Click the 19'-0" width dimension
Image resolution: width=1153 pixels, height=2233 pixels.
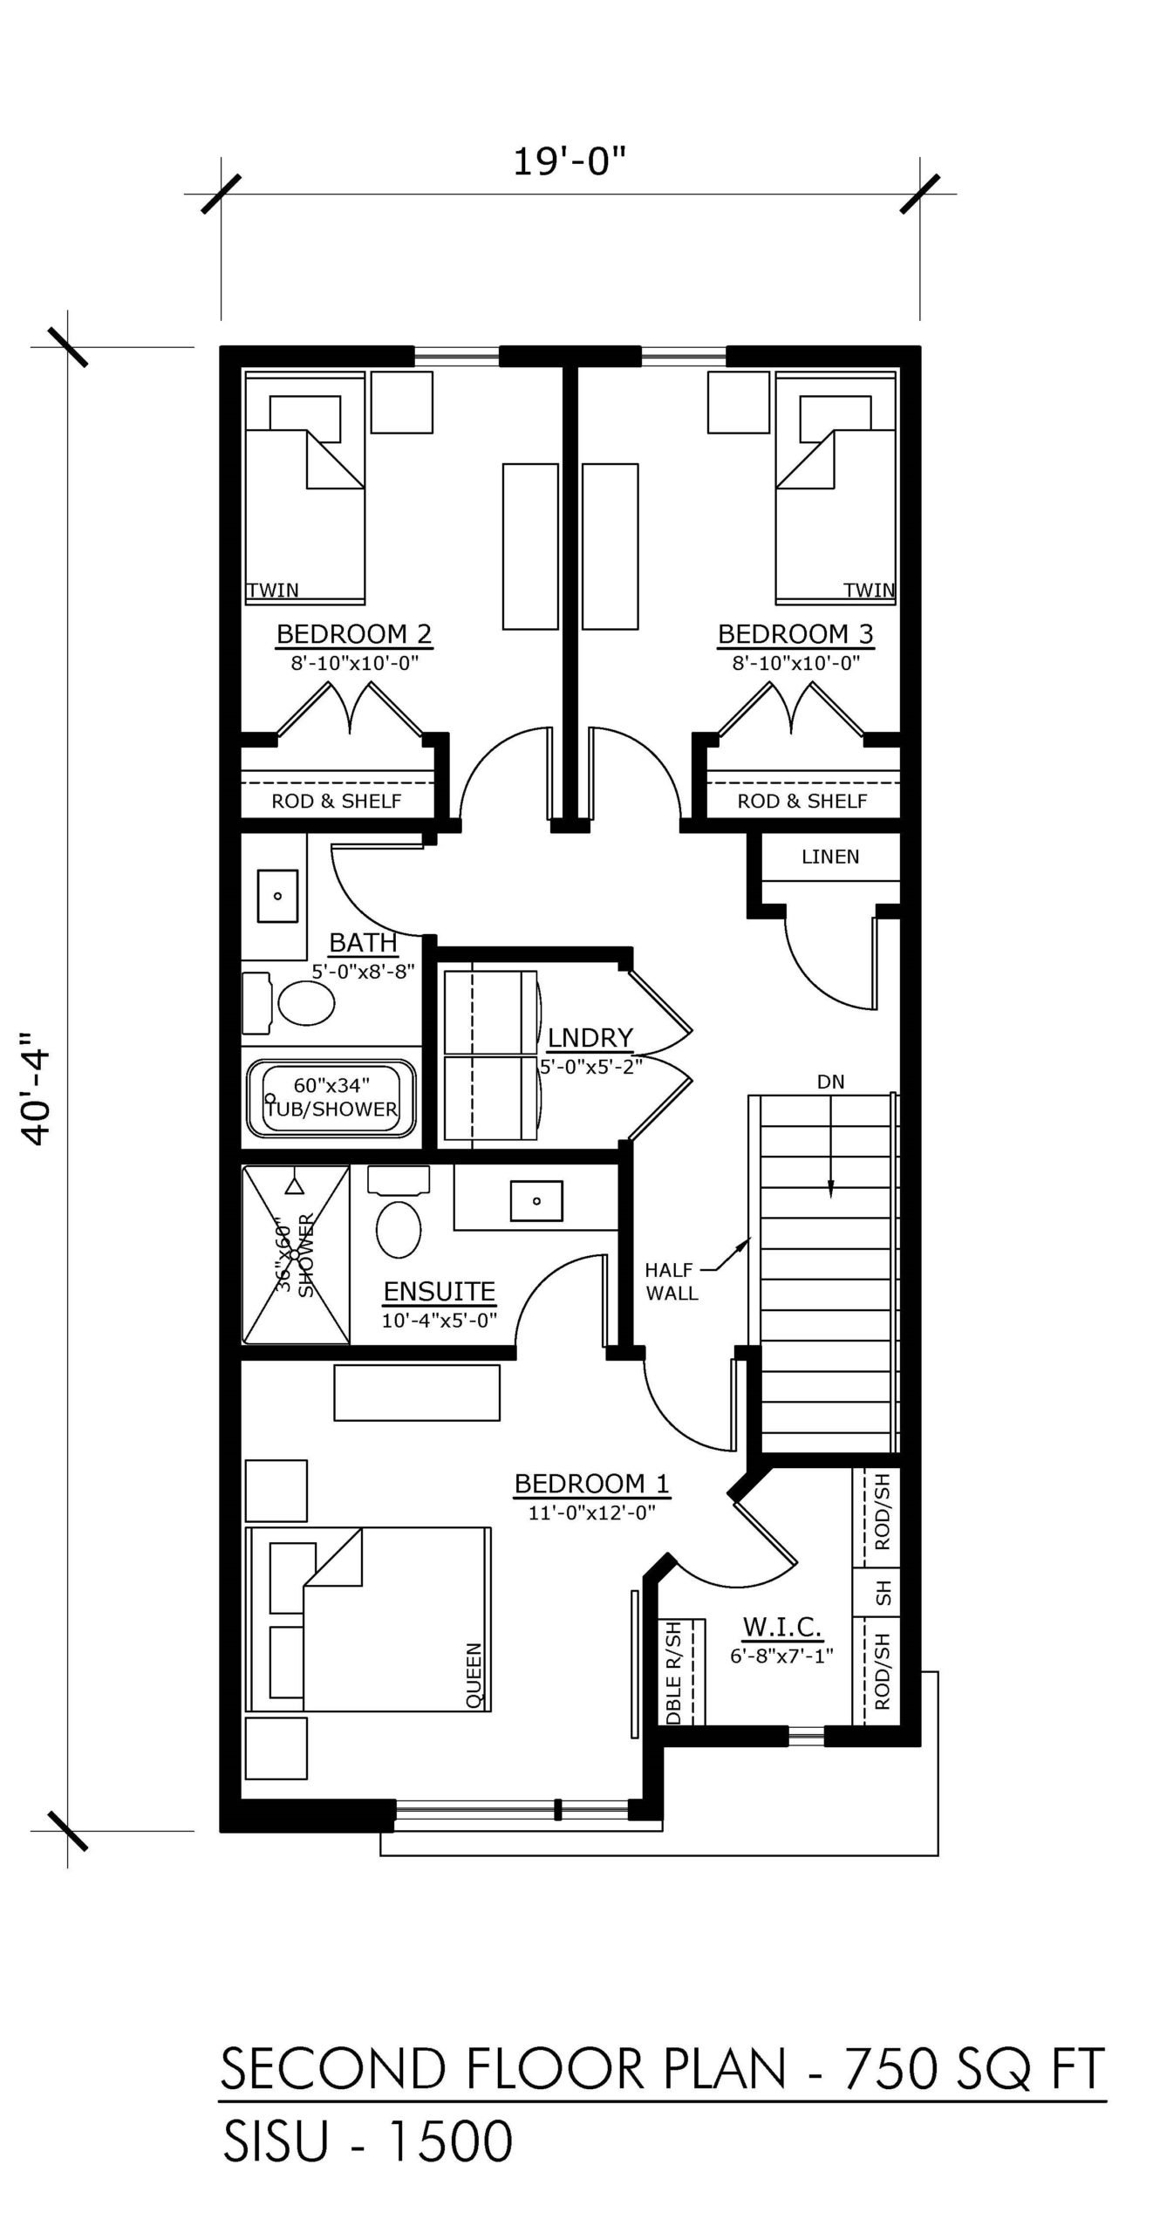tap(570, 162)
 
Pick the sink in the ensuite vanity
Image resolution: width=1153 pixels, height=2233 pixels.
tap(536, 1200)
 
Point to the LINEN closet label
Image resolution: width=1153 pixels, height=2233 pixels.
tap(830, 857)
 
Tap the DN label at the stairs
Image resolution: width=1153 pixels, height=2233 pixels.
tap(830, 1082)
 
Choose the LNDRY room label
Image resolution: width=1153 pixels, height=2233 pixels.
tap(590, 1037)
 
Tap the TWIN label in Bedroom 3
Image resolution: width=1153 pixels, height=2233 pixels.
tap(869, 591)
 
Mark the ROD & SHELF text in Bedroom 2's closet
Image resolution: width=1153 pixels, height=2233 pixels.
tap(337, 801)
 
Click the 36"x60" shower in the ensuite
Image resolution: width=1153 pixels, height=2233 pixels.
tap(296, 1255)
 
